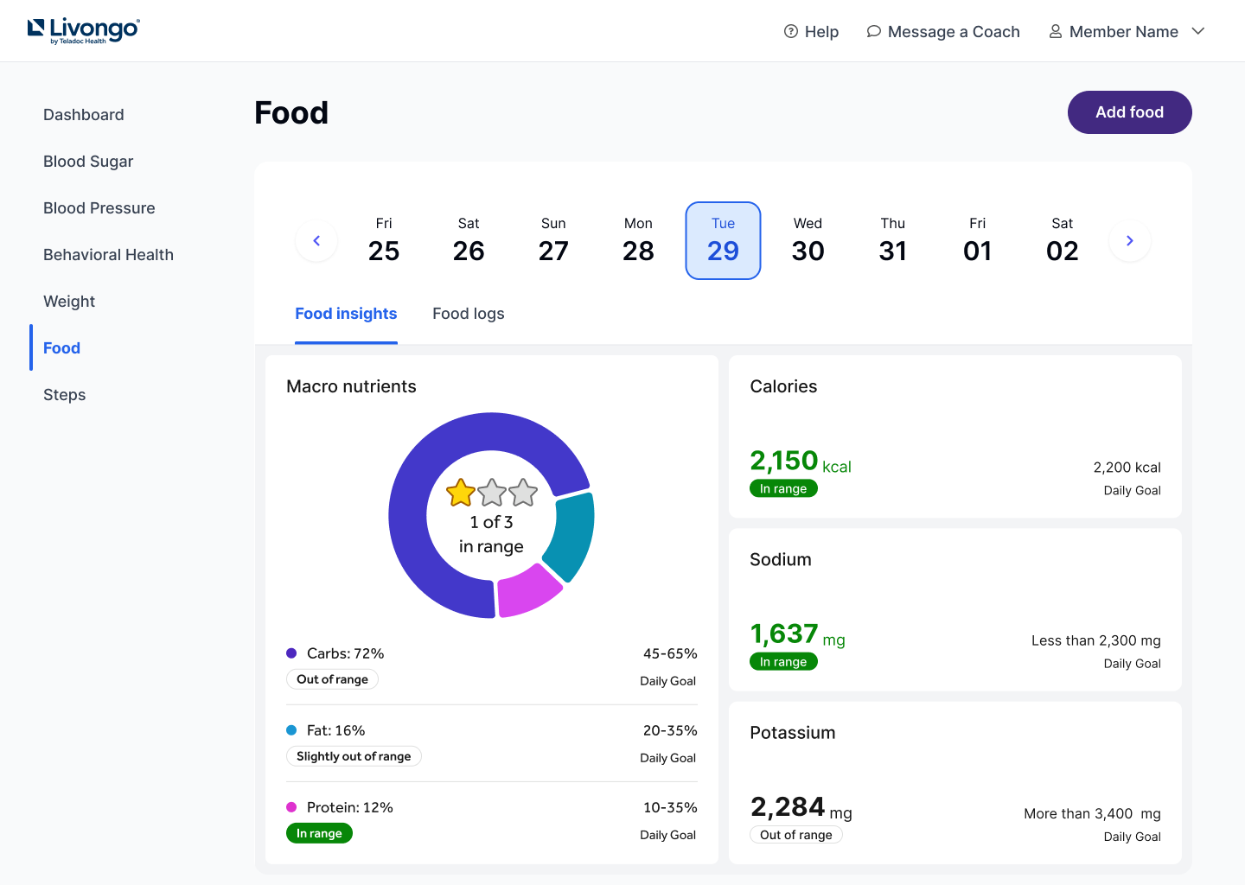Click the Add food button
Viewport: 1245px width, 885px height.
tap(1129, 112)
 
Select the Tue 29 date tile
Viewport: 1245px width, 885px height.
tap(723, 240)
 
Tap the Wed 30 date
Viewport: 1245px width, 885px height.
tap(808, 240)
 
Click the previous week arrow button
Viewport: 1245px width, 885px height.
tap(316, 241)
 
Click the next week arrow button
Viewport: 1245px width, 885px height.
tap(1129, 241)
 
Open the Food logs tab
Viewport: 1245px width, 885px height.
tap(468, 314)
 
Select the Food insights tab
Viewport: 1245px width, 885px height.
tap(346, 314)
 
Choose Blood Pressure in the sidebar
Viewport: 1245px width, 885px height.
tap(99, 208)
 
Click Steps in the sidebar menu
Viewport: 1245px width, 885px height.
tap(65, 395)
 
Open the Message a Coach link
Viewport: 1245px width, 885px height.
tap(943, 32)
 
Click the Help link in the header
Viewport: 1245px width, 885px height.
tap(811, 32)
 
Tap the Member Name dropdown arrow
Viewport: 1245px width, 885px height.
tap(1198, 32)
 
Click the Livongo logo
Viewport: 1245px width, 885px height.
tap(84, 30)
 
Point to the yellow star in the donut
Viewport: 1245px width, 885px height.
tap(461, 493)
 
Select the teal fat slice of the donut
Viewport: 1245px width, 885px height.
tap(574, 536)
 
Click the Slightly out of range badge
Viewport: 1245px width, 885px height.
tap(354, 756)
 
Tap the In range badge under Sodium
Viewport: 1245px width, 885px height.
tap(783, 662)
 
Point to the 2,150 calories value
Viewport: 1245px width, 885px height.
tap(783, 461)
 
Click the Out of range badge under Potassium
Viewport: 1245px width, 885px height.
tap(795, 835)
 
